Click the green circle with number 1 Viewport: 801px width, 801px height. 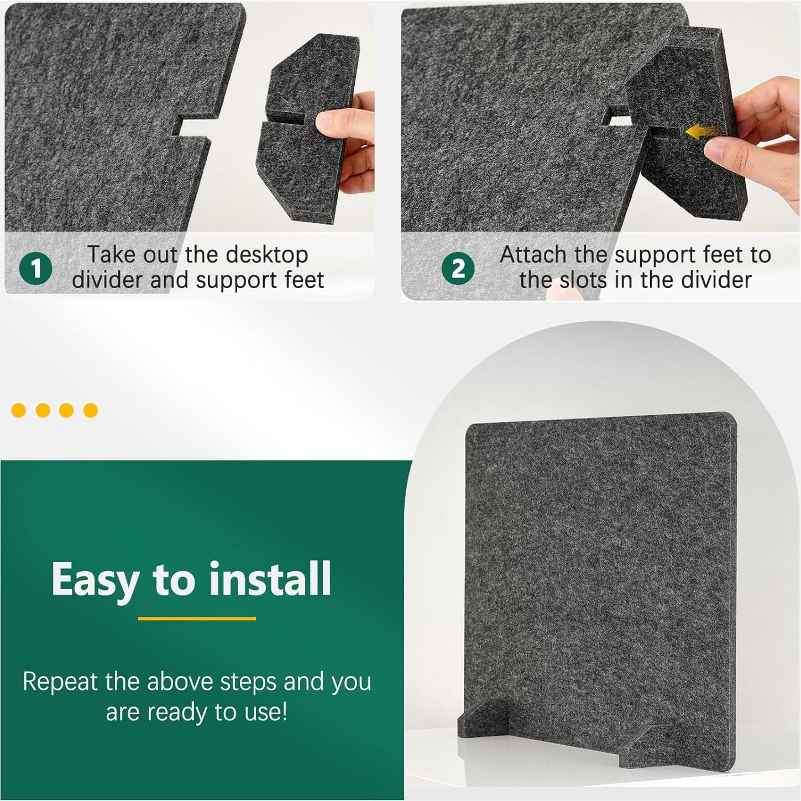[36, 269]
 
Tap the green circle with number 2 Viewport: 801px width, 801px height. [458, 269]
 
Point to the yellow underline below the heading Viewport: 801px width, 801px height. [197, 619]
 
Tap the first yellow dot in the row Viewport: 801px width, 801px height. [19, 410]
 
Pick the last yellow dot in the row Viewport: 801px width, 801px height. [91, 410]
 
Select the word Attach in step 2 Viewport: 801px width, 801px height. [533, 255]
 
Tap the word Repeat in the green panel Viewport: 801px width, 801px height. [60, 682]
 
